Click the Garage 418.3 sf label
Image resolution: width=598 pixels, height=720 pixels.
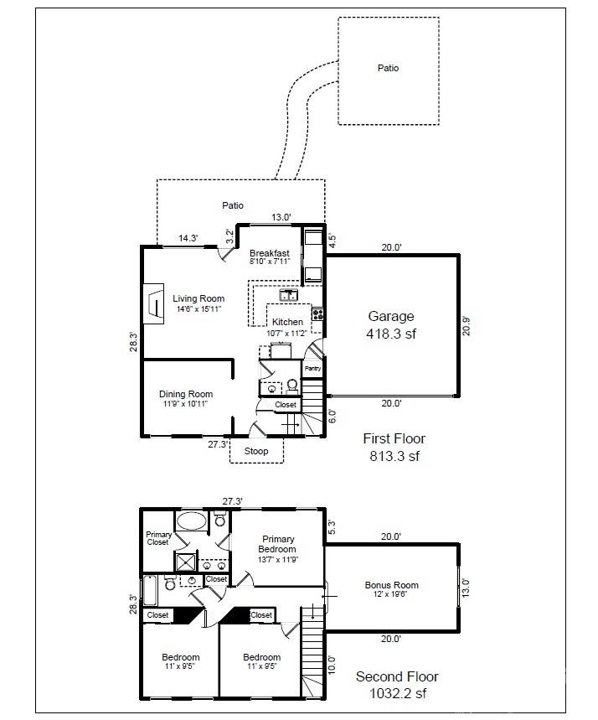[x=391, y=324]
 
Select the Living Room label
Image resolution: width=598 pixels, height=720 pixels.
[x=198, y=303]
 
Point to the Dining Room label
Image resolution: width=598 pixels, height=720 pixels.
[x=186, y=398]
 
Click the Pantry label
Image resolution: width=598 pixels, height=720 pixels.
[x=312, y=368]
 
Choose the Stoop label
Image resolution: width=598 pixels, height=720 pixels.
[x=256, y=452]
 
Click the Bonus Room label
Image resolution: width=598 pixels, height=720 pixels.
[x=391, y=589]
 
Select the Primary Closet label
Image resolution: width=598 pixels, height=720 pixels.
[x=158, y=538]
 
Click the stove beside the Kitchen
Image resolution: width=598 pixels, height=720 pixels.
[x=317, y=315]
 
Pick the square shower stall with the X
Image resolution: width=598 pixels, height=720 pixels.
[x=184, y=561]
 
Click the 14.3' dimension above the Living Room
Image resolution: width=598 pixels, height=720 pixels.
[x=187, y=238]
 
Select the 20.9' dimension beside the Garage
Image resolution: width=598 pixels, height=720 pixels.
[x=467, y=325]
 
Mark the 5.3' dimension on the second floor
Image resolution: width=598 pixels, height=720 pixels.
[x=332, y=527]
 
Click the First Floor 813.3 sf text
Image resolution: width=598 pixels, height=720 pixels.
[x=394, y=447]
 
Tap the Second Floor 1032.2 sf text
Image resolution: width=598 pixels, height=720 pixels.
[x=397, y=685]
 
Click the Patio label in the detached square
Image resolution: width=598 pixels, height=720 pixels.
[x=388, y=68]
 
